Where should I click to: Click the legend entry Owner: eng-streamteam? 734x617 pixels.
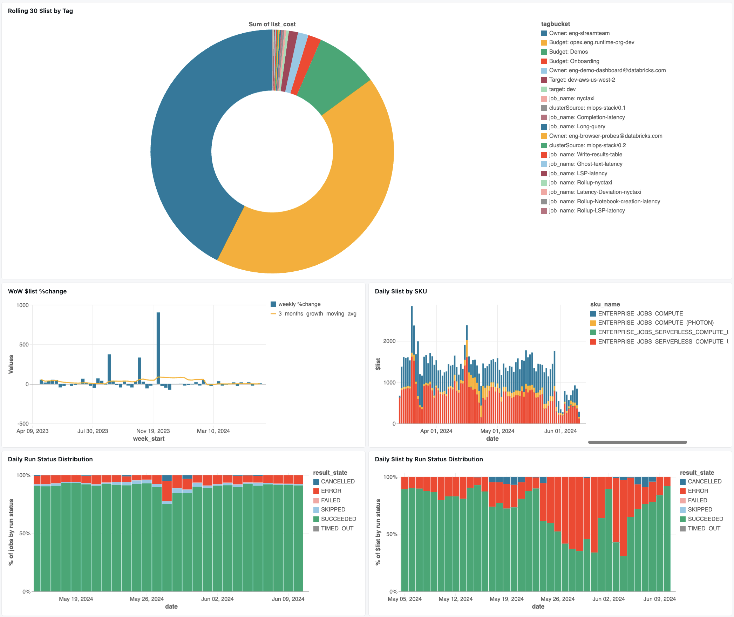click(579, 33)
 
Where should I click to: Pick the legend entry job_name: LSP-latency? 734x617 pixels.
click(578, 174)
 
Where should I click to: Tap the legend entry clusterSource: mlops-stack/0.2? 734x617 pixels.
click(587, 145)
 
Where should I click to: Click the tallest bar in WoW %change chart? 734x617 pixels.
click(158, 347)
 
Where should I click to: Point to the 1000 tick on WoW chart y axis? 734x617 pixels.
click(22, 305)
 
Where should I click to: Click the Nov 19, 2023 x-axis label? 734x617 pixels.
click(153, 431)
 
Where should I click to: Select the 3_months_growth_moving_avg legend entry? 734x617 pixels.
click(317, 314)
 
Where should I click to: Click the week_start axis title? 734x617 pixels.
click(149, 439)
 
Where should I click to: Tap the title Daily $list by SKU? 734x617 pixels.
click(401, 291)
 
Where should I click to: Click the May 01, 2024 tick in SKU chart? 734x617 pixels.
click(497, 431)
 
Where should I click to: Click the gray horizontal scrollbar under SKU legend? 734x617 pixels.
click(637, 442)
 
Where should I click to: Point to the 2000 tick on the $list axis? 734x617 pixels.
click(389, 341)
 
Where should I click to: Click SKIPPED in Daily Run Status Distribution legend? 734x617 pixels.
click(333, 510)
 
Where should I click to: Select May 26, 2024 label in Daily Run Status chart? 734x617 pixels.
click(147, 599)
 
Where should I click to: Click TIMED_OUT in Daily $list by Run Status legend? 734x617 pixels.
click(704, 529)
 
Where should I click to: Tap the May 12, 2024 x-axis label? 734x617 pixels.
click(455, 599)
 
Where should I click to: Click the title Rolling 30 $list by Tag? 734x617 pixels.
click(40, 11)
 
